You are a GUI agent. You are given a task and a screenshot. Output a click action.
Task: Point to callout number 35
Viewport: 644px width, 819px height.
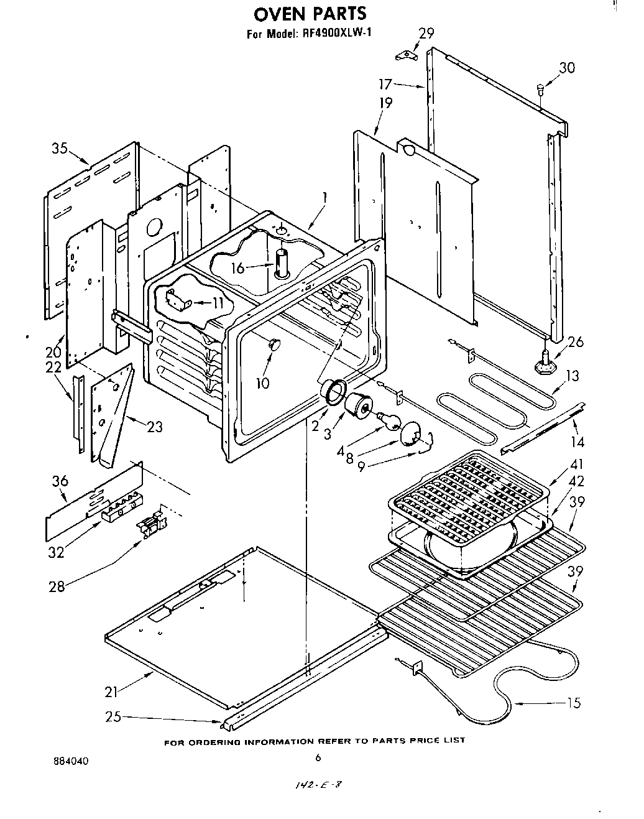pos(60,149)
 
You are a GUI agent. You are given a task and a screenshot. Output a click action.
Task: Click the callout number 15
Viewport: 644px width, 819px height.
pos(574,703)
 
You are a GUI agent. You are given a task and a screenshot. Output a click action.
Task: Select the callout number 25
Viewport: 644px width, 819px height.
pos(113,717)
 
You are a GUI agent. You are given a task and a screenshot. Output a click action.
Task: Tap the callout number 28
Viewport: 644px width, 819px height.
pos(57,586)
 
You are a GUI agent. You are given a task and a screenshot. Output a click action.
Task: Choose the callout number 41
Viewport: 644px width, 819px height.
pos(577,464)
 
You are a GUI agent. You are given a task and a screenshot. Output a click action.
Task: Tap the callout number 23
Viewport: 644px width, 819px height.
pos(155,427)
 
